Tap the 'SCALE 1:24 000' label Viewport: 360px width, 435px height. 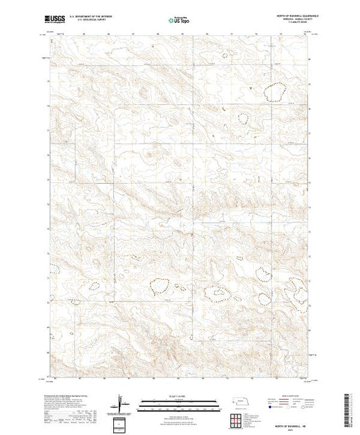tap(172, 397)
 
